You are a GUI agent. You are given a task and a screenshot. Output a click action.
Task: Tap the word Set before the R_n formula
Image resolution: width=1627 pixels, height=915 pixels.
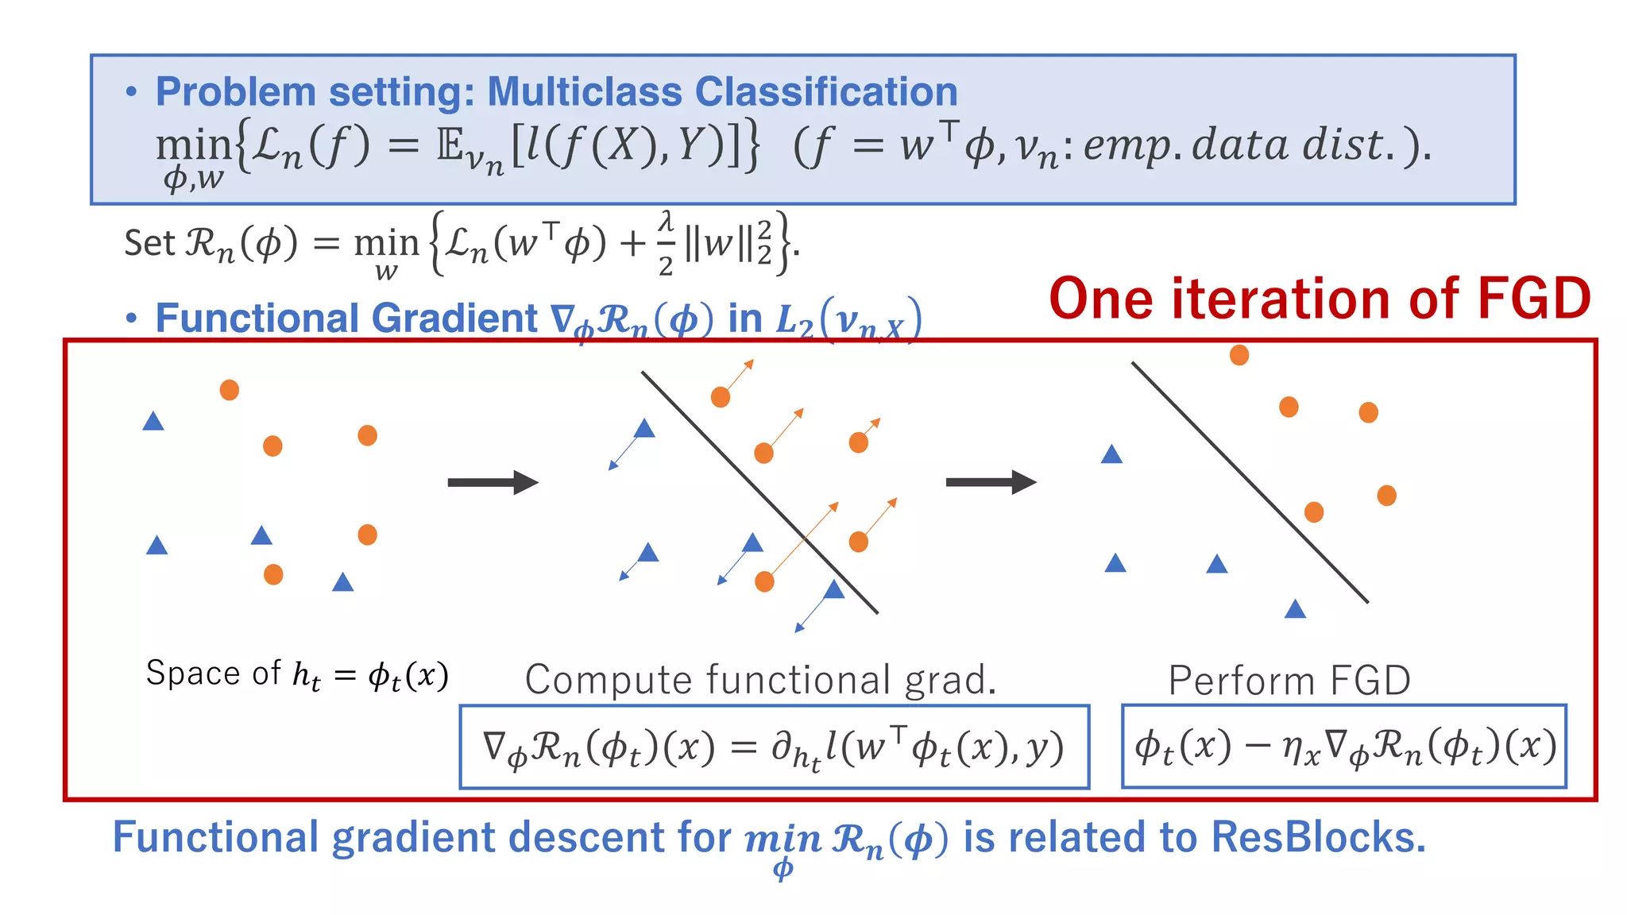click(149, 242)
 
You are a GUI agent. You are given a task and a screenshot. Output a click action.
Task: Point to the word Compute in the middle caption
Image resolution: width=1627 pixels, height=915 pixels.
click(609, 680)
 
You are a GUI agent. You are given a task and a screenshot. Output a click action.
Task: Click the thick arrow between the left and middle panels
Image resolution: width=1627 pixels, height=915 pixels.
click(493, 482)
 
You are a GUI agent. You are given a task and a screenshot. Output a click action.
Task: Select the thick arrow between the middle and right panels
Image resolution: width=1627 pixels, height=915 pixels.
click(991, 482)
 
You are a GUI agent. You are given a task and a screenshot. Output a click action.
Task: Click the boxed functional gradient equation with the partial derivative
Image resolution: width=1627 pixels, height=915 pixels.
click(774, 747)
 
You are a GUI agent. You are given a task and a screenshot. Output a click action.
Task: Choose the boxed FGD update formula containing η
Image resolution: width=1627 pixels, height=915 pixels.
click(1343, 747)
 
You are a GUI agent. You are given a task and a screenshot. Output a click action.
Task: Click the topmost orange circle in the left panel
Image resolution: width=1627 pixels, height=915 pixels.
click(230, 390)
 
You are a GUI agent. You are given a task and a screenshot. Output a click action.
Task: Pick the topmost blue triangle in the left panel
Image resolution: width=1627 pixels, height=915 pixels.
click(153, 421)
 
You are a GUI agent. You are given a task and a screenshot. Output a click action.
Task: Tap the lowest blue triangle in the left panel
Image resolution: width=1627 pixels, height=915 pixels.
click(342, 582)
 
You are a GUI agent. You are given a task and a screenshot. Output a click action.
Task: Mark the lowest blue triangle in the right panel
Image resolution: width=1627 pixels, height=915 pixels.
click(1295, 609)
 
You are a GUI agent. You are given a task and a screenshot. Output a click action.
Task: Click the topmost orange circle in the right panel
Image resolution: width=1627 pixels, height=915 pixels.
click(1239, 355)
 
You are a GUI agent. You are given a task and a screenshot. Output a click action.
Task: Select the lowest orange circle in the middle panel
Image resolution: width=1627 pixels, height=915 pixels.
click(764, 582)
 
